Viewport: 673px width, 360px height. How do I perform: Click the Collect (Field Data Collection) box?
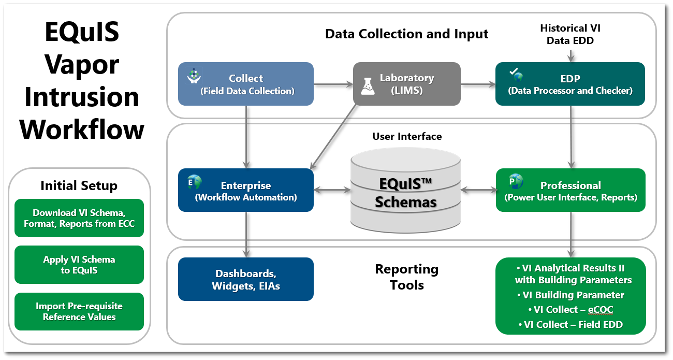click(x=246, y=84)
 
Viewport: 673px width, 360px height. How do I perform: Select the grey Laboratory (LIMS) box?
click(x=407, y=84)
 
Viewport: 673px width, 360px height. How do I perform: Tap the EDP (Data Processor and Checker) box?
click(x=570, y=84)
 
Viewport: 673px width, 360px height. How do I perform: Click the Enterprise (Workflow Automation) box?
click(x=246, y=190)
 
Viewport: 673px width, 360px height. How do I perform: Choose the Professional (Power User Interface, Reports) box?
click(x=570, y=190)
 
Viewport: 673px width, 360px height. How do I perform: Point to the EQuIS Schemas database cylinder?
click(x=406, y=192)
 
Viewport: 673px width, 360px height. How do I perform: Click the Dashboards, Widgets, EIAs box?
click(x=246, y=279)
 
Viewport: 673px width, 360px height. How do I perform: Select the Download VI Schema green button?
click(x=79, y=219)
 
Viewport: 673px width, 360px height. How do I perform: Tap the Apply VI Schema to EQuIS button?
click(x=79, y=265)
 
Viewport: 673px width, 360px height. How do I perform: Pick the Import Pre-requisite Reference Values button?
click(x=79, y=311)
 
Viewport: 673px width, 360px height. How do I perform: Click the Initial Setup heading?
click(x=79, y=186)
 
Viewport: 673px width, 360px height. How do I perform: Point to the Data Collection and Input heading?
click(x=406, y=34)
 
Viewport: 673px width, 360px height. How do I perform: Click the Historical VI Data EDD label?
click(x=570, y=34)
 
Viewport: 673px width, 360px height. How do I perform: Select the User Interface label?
click(x=407, y=137)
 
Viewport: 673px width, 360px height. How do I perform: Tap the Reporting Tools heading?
click(x=407, y=277)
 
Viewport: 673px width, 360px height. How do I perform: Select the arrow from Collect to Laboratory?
click(x=333, y=84)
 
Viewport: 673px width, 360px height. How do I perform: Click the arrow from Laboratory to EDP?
click(x=477, y=84)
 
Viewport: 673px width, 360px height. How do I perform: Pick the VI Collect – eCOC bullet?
click(x=570, y=310)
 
